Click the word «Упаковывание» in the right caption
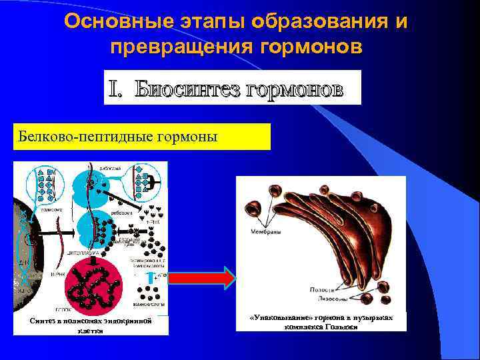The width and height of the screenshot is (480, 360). pos(280,318)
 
